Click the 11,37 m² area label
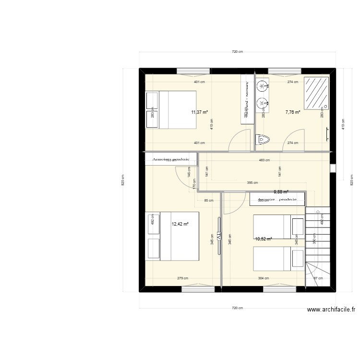199,112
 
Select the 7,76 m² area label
293,112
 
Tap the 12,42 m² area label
180,224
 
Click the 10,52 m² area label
264,239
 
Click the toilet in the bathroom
263,140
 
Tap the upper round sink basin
262,86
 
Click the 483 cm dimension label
264,160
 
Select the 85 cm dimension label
209,201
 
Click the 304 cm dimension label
263,278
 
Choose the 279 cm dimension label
182,278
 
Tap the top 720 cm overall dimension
237,51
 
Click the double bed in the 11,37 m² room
170,110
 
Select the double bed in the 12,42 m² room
172,236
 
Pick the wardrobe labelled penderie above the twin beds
277,199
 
